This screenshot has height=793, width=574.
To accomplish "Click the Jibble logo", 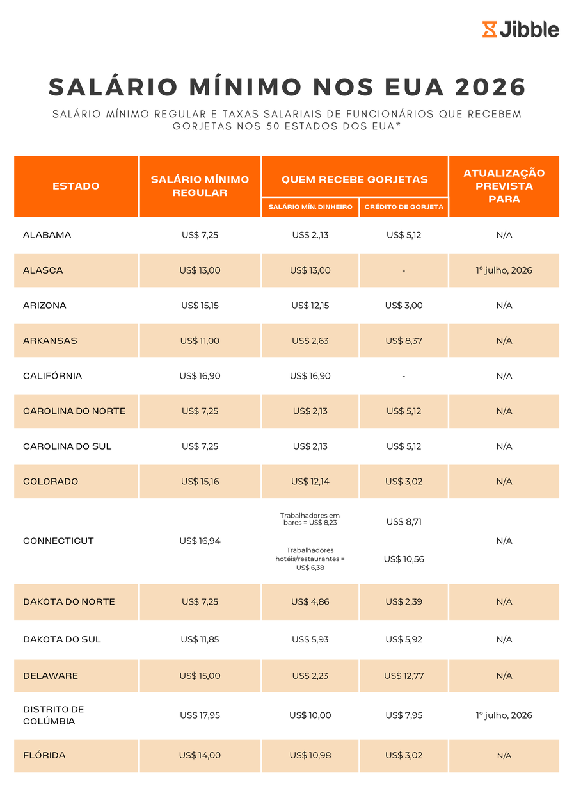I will [520, 29].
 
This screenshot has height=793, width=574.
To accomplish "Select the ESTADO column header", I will [76, 186].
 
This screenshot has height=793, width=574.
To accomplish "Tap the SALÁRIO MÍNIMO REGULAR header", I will [200, 186].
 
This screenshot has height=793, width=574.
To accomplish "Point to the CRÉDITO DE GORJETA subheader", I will [404, 208].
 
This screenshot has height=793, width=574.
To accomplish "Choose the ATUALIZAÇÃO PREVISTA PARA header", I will [504, 186].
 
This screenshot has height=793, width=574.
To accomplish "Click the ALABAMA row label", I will [47, 235].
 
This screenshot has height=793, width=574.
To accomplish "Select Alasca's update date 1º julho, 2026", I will [504, 270].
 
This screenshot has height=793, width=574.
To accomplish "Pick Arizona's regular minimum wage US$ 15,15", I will [200, 306].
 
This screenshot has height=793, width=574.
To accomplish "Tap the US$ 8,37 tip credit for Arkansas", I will [404, 341].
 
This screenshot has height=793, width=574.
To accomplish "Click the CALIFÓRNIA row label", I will [52, 376].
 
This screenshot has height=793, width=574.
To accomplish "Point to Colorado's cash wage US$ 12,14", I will [310, 482].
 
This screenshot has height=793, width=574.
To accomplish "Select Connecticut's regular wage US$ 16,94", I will [200, 541].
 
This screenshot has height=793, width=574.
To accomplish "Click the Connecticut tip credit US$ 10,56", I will [404, 559].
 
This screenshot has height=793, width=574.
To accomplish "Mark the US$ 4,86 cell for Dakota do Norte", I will [310, 602].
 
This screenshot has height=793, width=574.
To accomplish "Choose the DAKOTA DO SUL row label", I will [62, 639].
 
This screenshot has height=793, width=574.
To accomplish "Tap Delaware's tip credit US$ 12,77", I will [404, 676].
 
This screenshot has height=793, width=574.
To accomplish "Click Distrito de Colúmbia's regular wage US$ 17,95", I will [200, 715].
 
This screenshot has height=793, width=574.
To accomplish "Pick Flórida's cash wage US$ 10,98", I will [310, 756].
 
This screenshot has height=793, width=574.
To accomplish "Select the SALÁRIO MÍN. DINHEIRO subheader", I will [310, 208].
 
